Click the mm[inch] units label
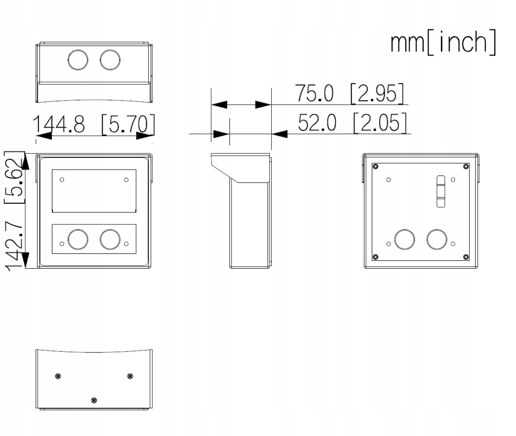coord(443,42)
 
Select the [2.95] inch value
coord(377,94)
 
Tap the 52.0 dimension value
coord(317,123)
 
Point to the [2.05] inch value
coord(380,123)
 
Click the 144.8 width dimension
coord(59,124)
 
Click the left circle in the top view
coord(78,60)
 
